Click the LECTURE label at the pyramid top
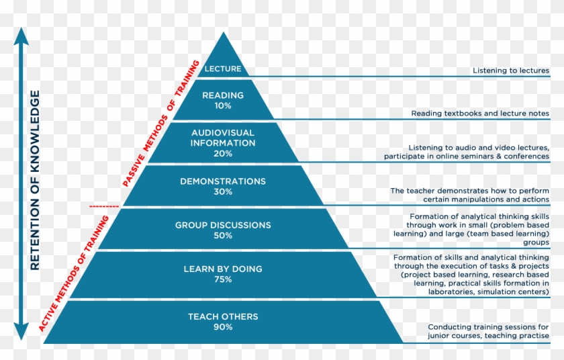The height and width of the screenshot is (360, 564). [x=223, y=69]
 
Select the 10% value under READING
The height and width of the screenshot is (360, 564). [x=223, y=105]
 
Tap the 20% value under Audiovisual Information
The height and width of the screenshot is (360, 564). [x=223, y=154]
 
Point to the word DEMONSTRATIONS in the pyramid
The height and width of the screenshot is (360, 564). [x=223, y=181]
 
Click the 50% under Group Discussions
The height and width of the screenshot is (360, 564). [x=223, y=236]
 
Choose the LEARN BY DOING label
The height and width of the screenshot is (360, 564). [x=223, y=269]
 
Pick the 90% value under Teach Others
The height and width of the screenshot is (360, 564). [x=223, y=327]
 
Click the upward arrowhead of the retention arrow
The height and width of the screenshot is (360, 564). [x=21, y=36]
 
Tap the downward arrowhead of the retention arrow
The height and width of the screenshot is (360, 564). [x=21, y=331]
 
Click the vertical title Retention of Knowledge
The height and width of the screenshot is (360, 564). [x=35, y=180]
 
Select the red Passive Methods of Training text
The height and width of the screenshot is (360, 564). [x=160, y=124]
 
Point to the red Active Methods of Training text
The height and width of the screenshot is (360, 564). [x=74, y=273]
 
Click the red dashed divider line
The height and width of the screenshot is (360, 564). [x=104, y=206]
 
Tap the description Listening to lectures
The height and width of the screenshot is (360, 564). [x=511, y=71]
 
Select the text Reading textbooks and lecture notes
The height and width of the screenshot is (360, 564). [x=480, y=114]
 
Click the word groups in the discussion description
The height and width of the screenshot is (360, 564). [x=536, y=242]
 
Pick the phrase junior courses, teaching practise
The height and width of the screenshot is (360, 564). [x=489, y=336]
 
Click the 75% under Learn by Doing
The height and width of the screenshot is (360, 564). [x=223, y=279]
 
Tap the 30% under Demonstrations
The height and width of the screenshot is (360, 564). [x=223, y=191]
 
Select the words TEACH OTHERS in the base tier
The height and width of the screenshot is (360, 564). [x=223, y=316]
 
